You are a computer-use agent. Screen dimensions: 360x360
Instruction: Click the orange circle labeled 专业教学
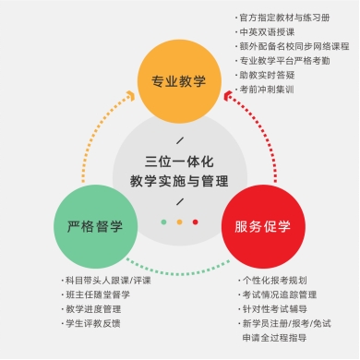[179, 81]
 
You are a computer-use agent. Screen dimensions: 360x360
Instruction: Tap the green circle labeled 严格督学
[95, 227]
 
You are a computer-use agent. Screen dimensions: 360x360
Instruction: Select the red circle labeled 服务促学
[263, 227]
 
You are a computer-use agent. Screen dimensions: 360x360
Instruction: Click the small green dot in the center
[163, 222]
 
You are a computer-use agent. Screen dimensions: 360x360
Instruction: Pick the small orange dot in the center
[179, 222]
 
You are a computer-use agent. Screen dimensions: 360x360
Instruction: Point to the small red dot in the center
[195, 222]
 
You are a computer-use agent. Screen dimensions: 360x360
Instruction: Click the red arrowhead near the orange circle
[228, 96]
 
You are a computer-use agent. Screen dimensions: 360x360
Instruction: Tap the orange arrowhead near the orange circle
[131, 96]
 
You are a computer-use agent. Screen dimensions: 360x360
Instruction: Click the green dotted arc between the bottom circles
[178, 272]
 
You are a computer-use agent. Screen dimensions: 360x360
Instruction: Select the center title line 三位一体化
[179, 162]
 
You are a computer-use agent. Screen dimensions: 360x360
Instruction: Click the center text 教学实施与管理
[179, 181]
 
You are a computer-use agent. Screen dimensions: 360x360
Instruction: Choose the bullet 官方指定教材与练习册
[282, 18]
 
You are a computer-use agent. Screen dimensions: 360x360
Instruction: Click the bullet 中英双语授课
[265, 32]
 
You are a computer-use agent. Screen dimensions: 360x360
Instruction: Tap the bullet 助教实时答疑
[265, 75]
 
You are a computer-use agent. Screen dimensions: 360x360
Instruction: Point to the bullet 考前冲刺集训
[265, 90]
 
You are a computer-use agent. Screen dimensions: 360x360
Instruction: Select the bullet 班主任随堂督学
[96, 294]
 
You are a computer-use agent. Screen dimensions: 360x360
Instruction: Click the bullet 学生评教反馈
[91, 323]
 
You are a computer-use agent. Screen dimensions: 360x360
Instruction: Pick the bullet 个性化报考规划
[272, 281]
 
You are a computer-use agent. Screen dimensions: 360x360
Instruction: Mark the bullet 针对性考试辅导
[272, 309]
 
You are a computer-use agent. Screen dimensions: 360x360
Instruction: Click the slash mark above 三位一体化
[180, 140]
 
